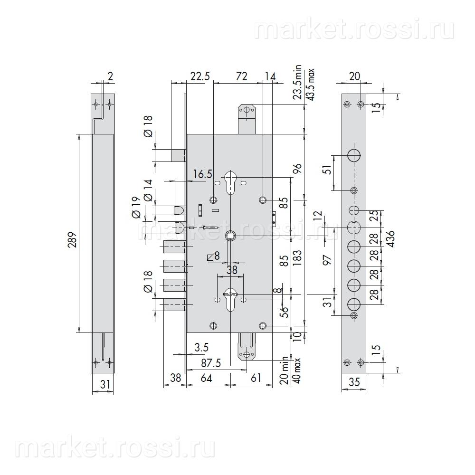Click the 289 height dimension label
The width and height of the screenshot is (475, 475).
[73, 233]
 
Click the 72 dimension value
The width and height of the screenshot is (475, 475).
[242, 76]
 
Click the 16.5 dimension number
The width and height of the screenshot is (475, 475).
[203, 174]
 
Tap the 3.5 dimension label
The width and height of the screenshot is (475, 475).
[202, 348]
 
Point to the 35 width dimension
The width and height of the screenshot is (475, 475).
[354, 380]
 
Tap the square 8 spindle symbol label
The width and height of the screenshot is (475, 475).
[213, 256]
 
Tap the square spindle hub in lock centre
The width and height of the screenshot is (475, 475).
[230, 235]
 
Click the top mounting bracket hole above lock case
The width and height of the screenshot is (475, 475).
[247, 111]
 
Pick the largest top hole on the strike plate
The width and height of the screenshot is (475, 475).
[354, 155]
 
